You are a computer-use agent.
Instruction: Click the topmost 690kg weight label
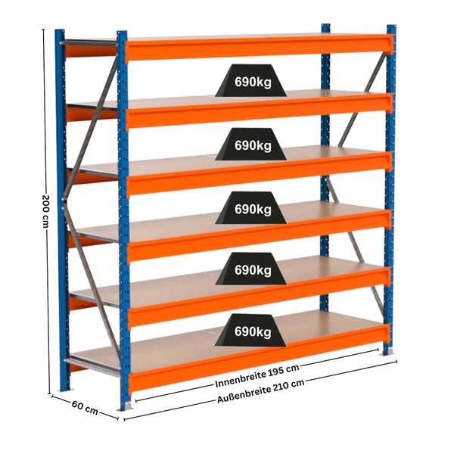pos(251,81)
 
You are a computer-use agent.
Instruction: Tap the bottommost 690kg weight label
pos(250,330)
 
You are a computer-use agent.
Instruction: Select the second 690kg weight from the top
pos(251,145)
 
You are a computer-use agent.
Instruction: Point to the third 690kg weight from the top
pos(251,207)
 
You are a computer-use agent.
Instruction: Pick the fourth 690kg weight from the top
pos(251,269)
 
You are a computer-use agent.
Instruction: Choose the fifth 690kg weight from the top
pos(250,330)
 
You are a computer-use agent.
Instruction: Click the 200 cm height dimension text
pos(46,211)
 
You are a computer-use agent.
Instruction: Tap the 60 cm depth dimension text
pos(85,407)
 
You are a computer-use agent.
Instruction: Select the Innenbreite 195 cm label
pos(257,376)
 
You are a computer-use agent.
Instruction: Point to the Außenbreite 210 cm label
pos(261,391)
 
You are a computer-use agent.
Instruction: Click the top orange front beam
pos(259,48)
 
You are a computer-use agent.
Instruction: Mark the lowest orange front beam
pos(259,359)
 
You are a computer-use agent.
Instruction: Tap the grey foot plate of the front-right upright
pos(389,351)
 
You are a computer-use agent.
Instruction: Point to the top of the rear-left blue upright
pos(60,30)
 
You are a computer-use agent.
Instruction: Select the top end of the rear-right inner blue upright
pos(325,25)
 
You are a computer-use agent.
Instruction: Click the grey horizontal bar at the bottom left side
pos(92,366)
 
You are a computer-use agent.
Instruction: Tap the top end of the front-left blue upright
pos(122,32)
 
